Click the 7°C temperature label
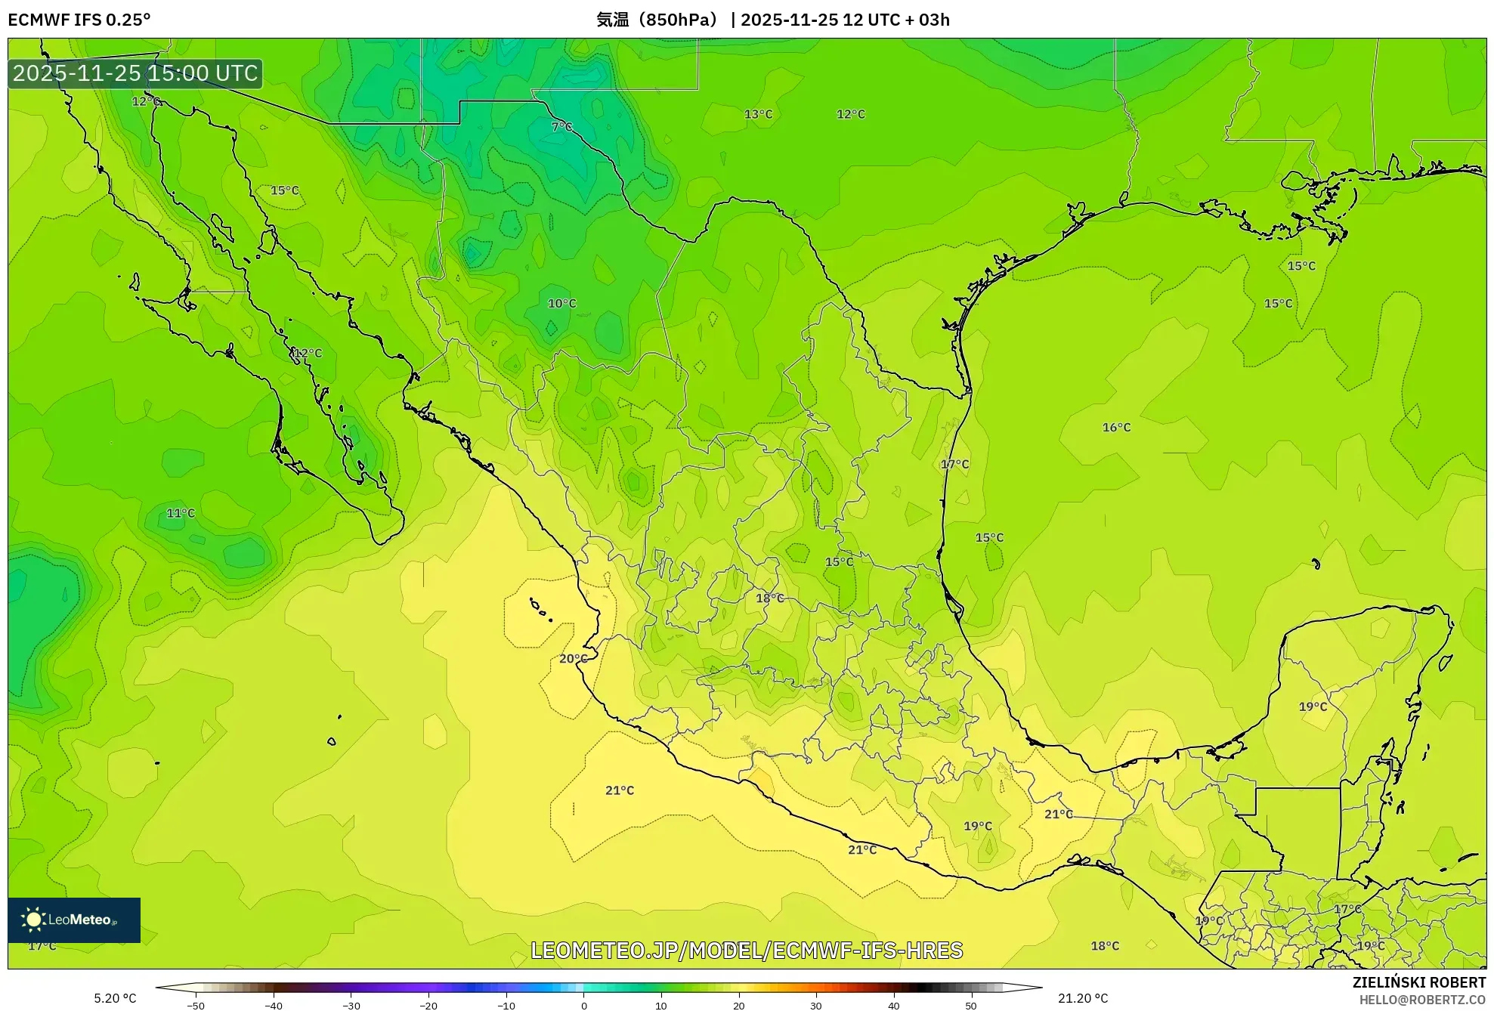coord(561,127)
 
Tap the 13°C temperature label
coord(758,114)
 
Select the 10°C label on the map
coord(561,303)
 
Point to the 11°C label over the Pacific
coord(181,513)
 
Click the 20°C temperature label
coord(573,658)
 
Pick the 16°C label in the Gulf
coord(1116,427)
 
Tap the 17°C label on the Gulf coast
coord(954,464)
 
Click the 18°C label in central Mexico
coord(770,598)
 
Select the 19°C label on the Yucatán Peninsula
coord(1313,706)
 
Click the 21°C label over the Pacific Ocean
coord(620,790)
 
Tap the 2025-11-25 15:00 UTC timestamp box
coord(135,73)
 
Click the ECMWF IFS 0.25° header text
coord(79,20)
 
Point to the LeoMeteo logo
coord(74,920)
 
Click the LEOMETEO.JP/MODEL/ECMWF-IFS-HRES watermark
coord(747,950)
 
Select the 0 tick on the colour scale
coord(583,1005)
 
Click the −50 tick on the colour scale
coord(196,1005)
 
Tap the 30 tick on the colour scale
coord(816,1005)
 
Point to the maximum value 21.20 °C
coord(1083,998)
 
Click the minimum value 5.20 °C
coord(115,998)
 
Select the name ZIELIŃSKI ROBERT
coord(1418,982)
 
